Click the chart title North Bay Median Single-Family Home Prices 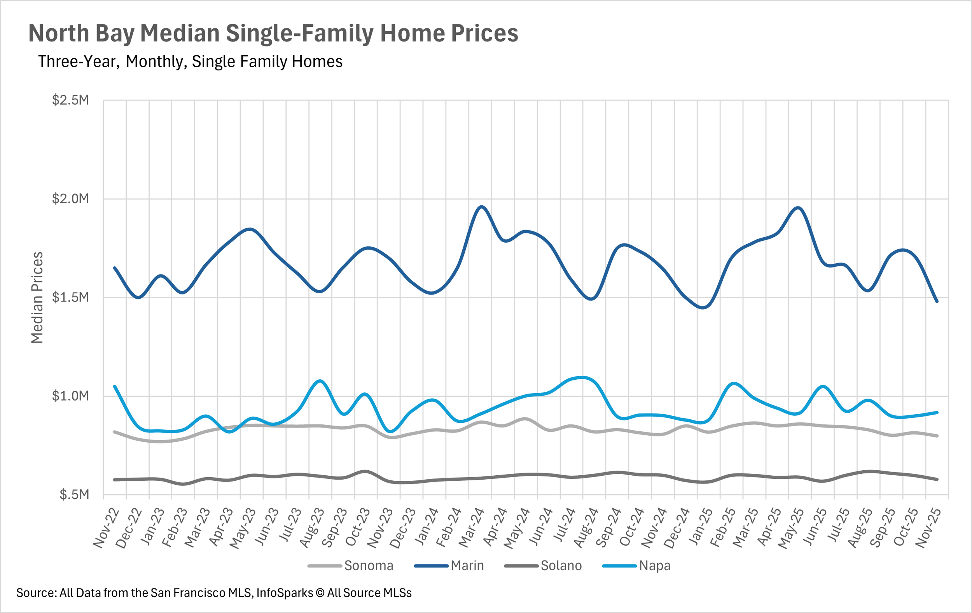(273, 33)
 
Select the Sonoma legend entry (350, 566)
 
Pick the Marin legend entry (449, 566)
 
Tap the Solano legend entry (543, 566)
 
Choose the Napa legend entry (636, 566)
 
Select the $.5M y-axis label (74, 495)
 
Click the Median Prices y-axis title (37, 298)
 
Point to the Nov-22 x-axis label (106, 528)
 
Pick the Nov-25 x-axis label (927, 528)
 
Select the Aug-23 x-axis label (311, 528)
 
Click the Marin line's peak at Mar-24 (482, 207)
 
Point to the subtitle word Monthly (156, 62)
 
